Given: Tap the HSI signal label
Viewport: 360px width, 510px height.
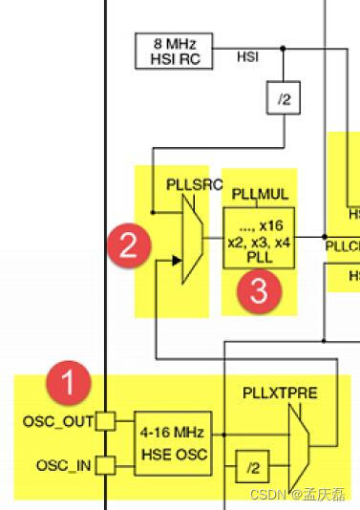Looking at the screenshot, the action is [x=247, y=58].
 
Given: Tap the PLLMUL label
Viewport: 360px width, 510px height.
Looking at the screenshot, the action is [x=259, y=195].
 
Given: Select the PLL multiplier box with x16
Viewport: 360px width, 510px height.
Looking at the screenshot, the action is [x=260, y=238].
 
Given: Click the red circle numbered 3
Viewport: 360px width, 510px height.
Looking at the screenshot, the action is [x=258, y=291].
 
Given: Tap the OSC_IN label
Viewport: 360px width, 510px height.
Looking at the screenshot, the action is [x=63, y=465].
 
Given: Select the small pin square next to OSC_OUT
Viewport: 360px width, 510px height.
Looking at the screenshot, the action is [x=107, y=420].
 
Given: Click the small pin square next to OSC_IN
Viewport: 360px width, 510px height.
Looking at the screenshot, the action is [x=107, y=465].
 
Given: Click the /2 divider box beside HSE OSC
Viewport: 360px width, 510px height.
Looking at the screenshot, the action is [x=252, y=467].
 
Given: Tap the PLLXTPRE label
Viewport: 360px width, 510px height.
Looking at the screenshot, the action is [x=279, y=393].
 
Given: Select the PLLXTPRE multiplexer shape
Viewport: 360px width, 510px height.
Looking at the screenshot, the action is [x=296, y=441].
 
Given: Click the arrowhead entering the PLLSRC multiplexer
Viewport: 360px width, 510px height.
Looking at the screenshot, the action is [x=178, y=258].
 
